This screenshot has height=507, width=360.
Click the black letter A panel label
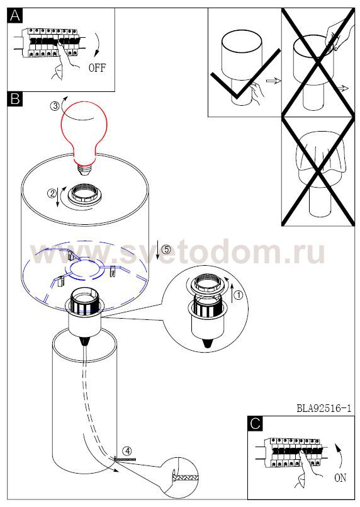pyautogui.click(x=15, y=16)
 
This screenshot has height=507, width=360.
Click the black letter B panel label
pyautogui.click(x=15, y=99)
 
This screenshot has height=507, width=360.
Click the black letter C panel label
pyautogui.click(x=256, y=424)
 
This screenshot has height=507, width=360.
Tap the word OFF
pyautogui.click(x=97, y=68)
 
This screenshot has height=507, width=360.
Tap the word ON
pyautogui.click(x=340, y=477)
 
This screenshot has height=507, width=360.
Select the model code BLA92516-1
pyautogui.click(x=323, y=408)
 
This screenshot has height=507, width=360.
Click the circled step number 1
pyautogui.click(x=238, y=295)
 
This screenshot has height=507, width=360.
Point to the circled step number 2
pyautogui.click(x=52, y=194)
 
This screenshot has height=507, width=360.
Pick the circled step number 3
pyautogui.click(x=55, y=105)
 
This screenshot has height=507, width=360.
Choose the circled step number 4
pyautogui.click(x=127, y=450)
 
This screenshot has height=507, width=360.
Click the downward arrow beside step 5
pyautogui.click(x=157, y=250)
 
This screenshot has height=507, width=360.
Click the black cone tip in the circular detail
pyautogui.click(x=208, y=344)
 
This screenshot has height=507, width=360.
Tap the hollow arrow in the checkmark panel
pyautogui.click(x=273, y=81)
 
